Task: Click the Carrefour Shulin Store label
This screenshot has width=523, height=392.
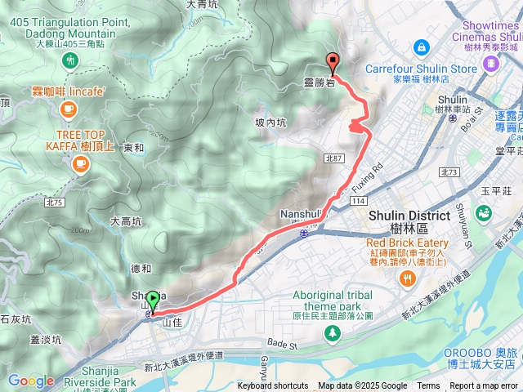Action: click(x=423, y=69)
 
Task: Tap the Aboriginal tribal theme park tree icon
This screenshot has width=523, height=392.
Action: click(x=332, y=332)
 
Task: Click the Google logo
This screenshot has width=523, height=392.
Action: click(x=30, y=381)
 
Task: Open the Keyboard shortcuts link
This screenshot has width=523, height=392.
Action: click(x=272, y=386)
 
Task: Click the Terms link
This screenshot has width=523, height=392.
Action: click(x=428, y=386)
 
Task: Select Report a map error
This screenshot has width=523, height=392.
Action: click(x=485, y=386)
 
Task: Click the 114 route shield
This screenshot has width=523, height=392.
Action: click(x=358, y=201)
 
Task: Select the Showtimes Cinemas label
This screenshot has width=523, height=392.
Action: click(x=489, y=31)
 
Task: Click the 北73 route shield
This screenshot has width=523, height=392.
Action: click(x=448, y=172)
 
